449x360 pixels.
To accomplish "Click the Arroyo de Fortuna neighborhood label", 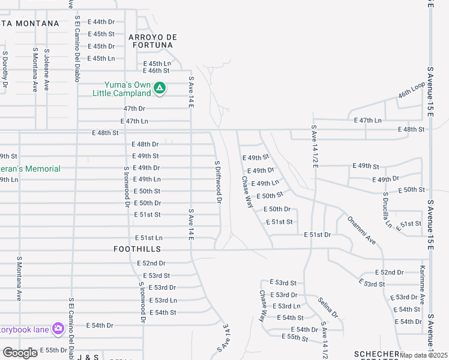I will point(152,41).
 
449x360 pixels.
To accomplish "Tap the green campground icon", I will point(159,89).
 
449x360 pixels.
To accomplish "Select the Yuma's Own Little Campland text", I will point(121,89).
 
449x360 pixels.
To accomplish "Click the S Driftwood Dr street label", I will point(218,182).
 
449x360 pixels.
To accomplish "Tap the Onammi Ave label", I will point(361,230).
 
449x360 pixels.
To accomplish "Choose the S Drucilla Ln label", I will point(387,211).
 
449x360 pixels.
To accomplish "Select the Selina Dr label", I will point(328,308).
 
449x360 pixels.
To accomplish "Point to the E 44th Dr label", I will point(101,22).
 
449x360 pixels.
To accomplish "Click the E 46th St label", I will point(157,70).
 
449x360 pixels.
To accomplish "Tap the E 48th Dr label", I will point(145,145).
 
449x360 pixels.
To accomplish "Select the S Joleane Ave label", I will point(46,70).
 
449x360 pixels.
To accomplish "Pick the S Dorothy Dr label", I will point(5,70).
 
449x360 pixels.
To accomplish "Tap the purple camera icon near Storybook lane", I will point(58,328).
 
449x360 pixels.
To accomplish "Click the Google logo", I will point(20,353).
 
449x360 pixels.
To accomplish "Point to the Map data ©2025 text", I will point(424,355).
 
